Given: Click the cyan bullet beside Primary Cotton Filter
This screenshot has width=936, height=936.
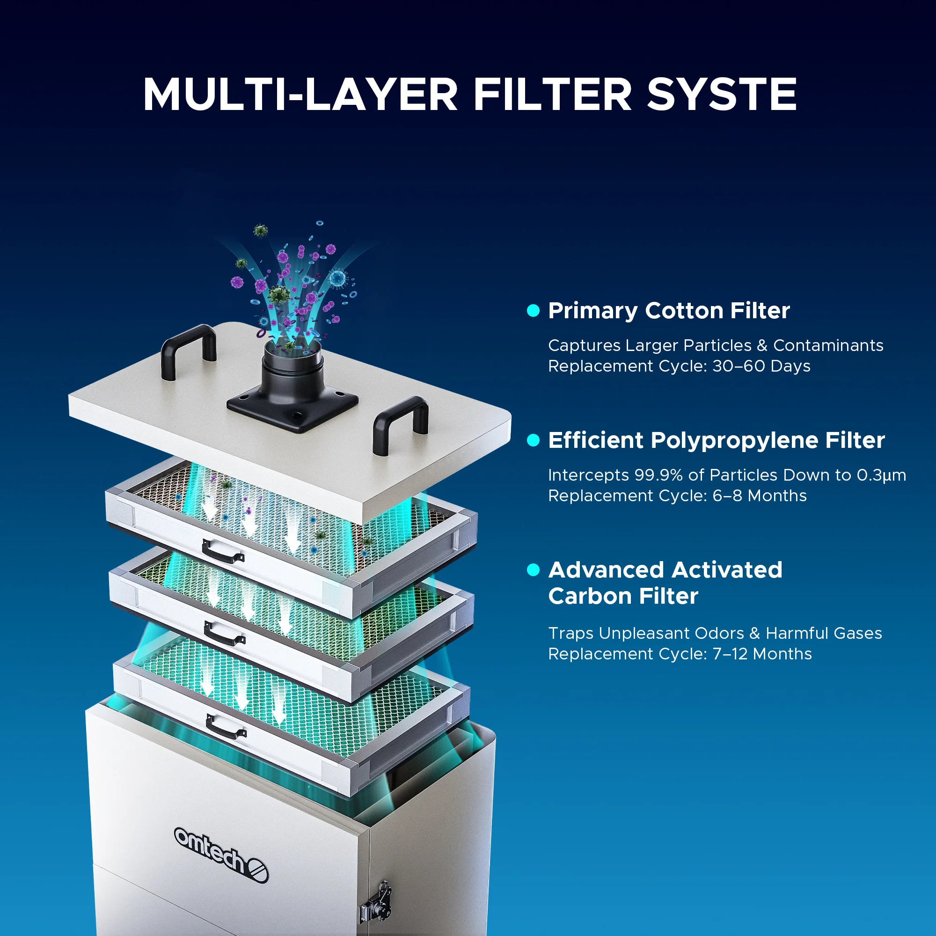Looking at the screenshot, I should coord(533,311).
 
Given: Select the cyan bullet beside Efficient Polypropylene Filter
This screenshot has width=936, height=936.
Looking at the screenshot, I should coord(533,440).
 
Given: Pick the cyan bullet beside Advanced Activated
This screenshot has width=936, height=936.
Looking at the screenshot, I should coord(533,570).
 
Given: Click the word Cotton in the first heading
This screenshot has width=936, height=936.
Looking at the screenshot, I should coord(684,311).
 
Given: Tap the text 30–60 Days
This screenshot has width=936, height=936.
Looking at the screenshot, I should coord(761,366).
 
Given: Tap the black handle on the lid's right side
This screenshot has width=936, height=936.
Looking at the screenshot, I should coord(400,424).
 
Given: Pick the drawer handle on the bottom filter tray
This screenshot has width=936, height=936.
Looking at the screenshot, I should coord(226,727).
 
